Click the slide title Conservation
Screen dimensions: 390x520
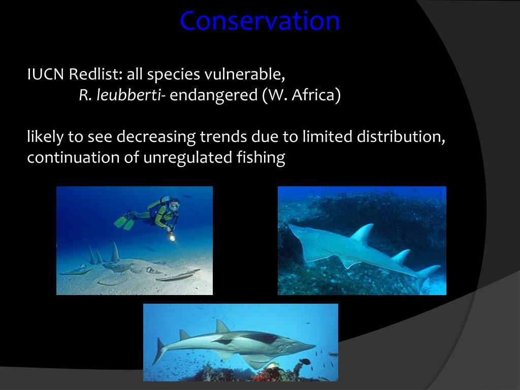[x=259, y=21]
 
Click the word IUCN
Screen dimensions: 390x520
[x=46, y=75]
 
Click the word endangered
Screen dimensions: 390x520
[x=213, y=95]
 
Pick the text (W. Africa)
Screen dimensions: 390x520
[x=301, y=95]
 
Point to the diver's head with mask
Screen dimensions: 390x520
[x=174, y=206]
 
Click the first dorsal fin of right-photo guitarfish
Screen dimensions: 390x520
[x=363, y=235]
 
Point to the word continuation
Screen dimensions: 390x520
[x=73, y=158]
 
